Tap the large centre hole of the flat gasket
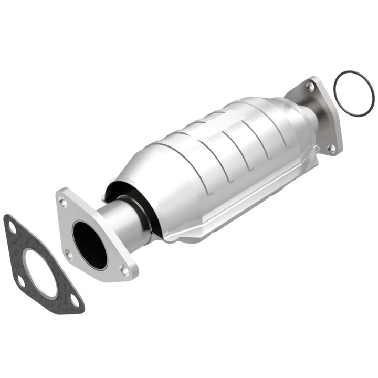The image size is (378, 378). click(40, 273)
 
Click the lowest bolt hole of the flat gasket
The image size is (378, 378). click(74, 301)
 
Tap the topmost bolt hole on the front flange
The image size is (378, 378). click(63, 201)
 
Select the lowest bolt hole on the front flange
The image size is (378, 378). click(124, 270)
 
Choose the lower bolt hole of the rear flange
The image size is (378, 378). click(332, 148)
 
